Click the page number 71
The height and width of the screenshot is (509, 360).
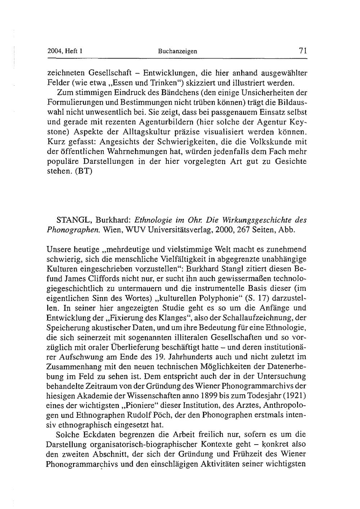click(302, 51)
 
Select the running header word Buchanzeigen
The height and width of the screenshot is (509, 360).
click(177, 51)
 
